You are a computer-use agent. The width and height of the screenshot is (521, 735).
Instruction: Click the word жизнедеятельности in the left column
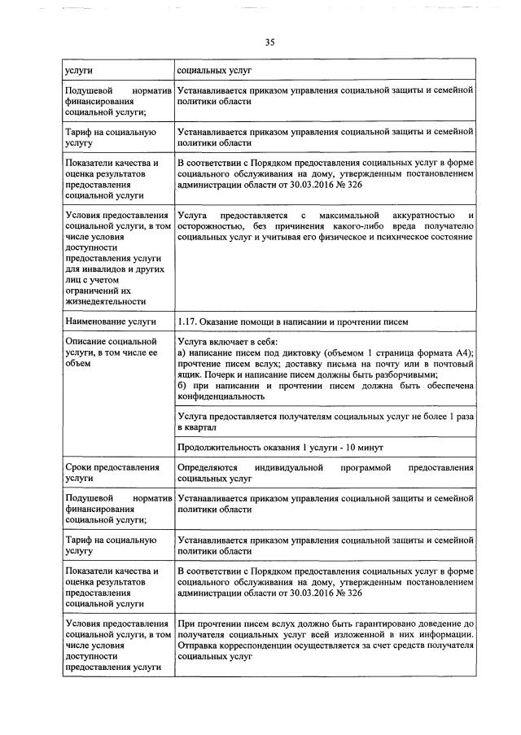coord(104,301)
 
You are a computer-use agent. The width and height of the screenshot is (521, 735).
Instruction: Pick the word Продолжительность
coord(217,448)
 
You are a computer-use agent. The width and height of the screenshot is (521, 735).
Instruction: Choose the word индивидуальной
coord(288,467)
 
